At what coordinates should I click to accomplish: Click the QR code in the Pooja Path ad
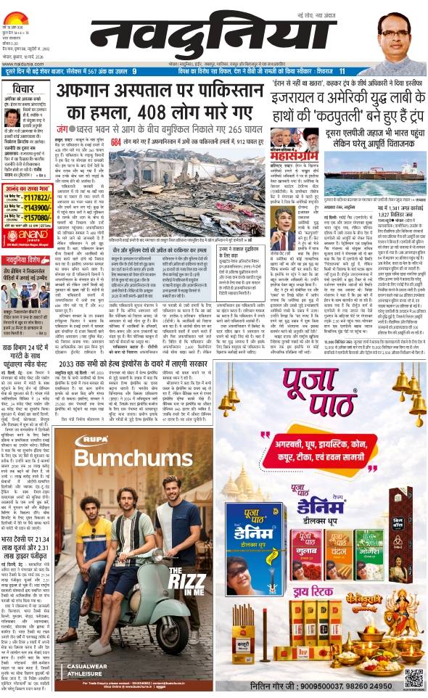coord(411,679)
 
